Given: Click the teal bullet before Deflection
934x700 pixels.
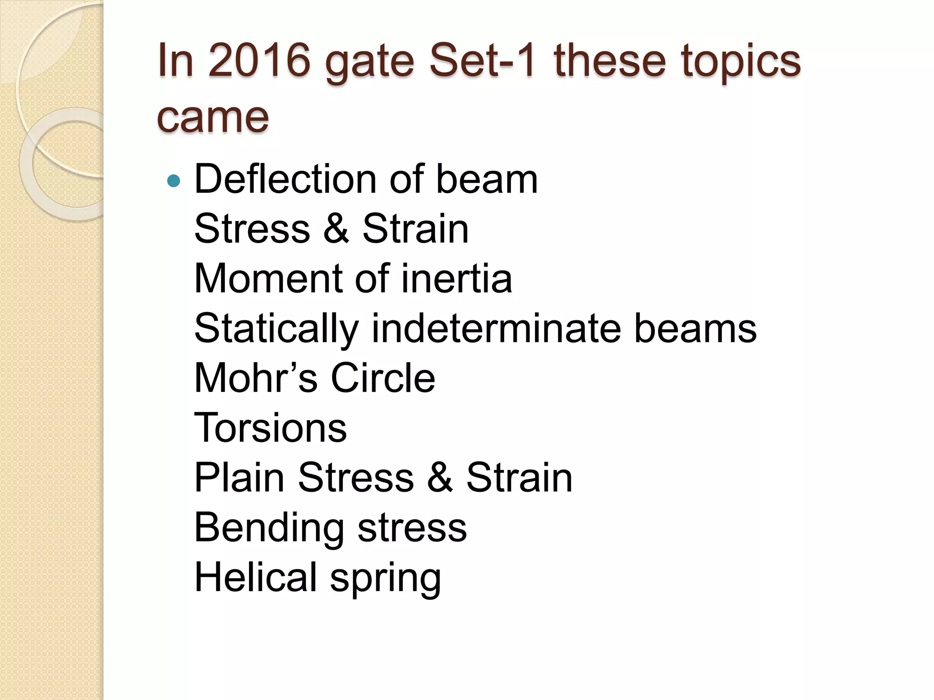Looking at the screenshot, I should point(174,181).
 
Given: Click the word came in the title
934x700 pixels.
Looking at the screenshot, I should point(213,118).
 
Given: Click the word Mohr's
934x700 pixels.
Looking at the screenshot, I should point(255,378).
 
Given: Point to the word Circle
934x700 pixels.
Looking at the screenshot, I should point(383,378).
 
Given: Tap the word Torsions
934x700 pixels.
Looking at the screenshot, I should point(270,428).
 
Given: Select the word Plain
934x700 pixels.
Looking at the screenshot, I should point(239,478).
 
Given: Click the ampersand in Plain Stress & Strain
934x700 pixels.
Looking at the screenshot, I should point(440,478).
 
